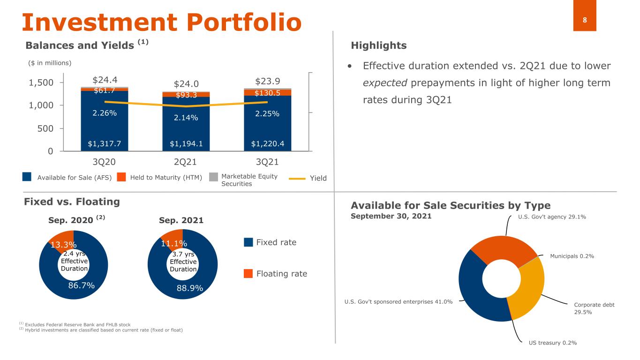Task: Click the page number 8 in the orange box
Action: [585, 20]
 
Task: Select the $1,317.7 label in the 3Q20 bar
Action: [104, 143]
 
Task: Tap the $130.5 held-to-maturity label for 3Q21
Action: [267, 93]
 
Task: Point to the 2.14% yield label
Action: [186, 118]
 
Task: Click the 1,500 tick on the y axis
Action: [41, 82]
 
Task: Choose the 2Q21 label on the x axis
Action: [185, 162]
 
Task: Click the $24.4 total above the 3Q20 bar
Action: [105, 80]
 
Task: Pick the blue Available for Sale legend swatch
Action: [27, 177]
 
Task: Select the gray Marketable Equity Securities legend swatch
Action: [213, 177]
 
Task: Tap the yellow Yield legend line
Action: [297, 179]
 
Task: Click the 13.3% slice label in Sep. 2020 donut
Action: [63, 245]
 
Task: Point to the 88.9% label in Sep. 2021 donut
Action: [190, 288]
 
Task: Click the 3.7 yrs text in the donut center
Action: [183, 254]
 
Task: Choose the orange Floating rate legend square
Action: [248, 273]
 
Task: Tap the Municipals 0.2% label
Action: [572, 256]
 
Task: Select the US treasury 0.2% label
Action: [553, 343]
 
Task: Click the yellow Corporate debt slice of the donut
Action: [531, 289]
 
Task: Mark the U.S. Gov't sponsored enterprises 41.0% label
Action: [398, 302]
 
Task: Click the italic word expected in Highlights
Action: [385, 83]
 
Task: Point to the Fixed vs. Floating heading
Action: [72, 202]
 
